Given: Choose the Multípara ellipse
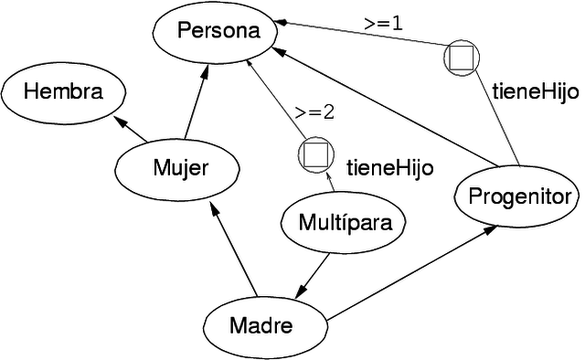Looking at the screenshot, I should point(340,222).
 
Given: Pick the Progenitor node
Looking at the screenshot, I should point(517,196).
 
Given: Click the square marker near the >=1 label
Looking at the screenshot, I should point(461,58).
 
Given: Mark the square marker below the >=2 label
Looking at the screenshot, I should point(314,154).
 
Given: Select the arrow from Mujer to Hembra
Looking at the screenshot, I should point(131,130).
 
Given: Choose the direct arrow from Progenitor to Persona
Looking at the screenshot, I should point(375,111).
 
